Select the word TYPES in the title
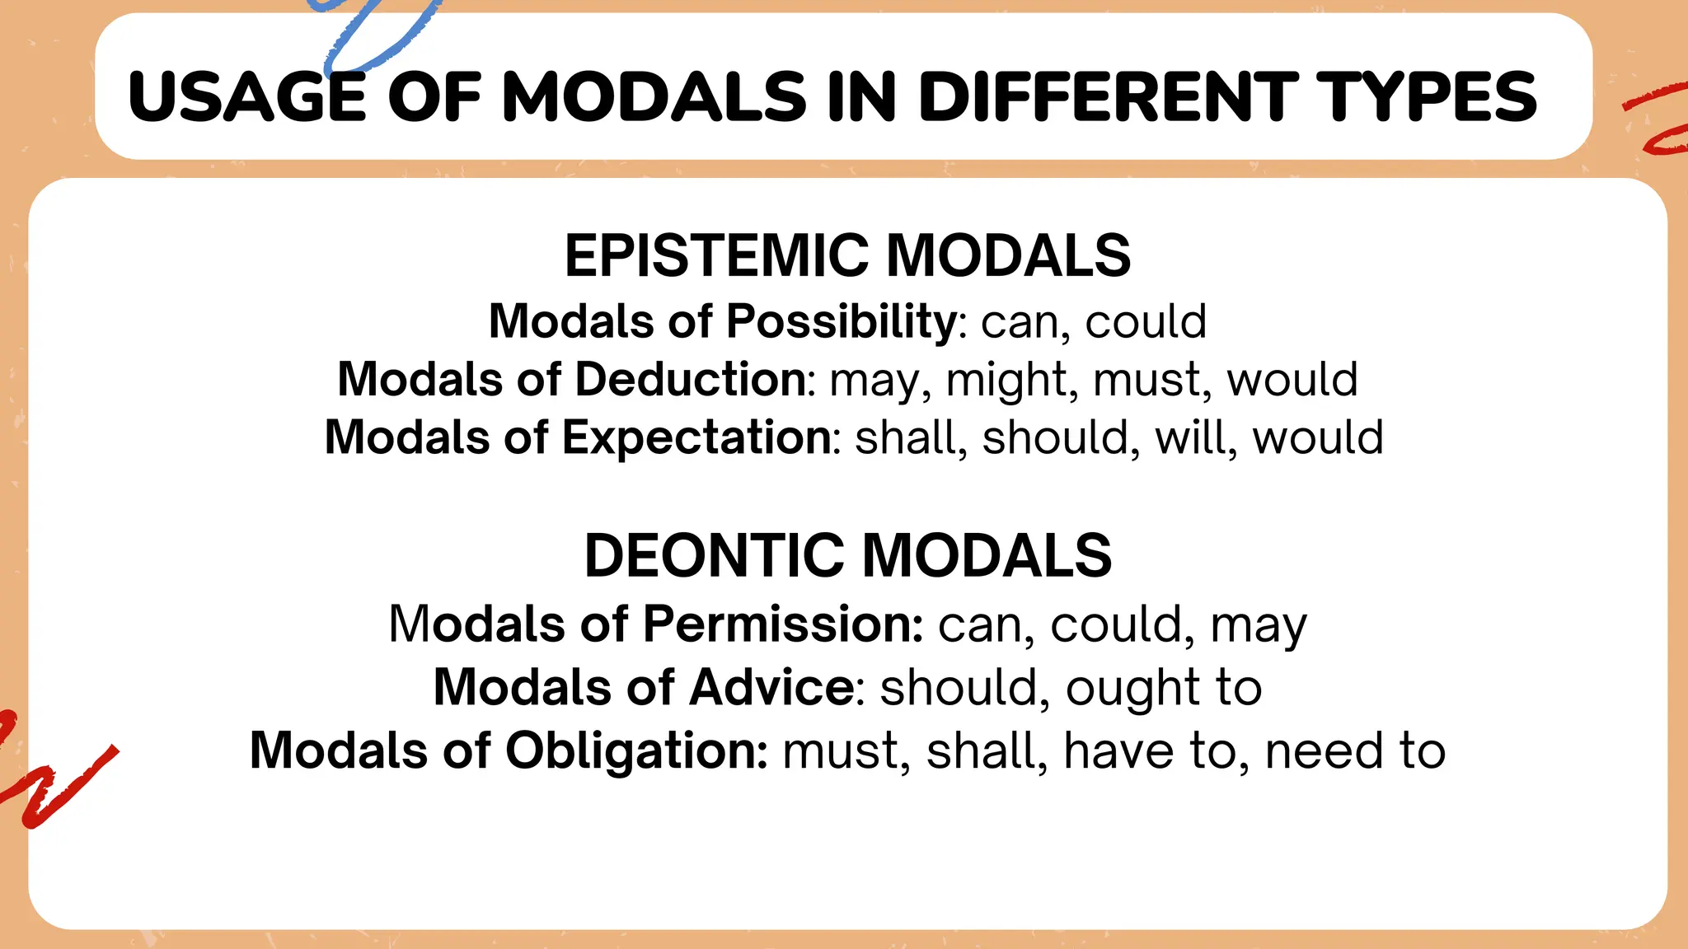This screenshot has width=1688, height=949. (1426, 97)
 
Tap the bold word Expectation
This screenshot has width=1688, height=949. (696, 437)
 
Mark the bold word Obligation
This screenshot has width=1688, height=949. (635, 750)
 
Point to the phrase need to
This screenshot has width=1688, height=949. (1354, 750)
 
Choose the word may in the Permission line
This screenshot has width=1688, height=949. (1258, 625)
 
